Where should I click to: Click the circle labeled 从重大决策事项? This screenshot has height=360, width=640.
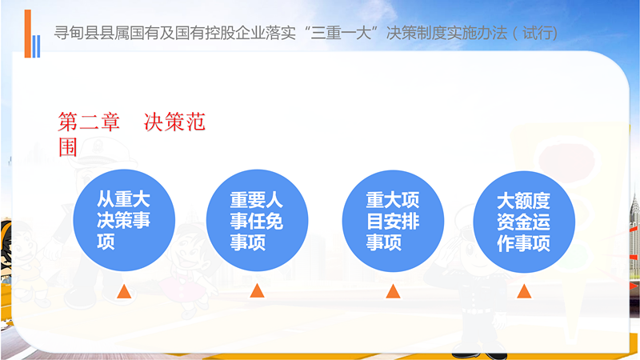tap(124, 220)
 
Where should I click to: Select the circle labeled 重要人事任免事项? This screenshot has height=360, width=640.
tap(257, 221)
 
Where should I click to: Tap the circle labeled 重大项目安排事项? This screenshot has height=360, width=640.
tap(393, 221)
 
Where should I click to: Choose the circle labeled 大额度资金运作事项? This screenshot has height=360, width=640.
tap(524, 222)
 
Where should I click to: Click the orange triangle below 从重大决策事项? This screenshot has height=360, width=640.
tap(124, 292)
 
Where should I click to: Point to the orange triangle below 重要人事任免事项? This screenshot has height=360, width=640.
tap(257, 290)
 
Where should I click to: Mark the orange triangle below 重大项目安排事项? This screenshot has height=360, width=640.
tap(393, 291)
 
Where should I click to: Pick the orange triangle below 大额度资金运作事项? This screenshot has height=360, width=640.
tap(524, 291)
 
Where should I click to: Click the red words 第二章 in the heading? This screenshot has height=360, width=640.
tap(89, 122)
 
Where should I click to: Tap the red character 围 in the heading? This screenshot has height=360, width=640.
tap(68, 147)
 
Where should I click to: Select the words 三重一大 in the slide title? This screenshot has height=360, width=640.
tap(341, 33)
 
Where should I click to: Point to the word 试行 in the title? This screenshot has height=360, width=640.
tap(537, 33)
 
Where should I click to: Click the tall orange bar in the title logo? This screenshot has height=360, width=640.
tap(28, 34)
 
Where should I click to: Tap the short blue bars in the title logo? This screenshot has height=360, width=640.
tap(36, 46)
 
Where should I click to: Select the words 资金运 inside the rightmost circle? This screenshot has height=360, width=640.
tap(524, 222)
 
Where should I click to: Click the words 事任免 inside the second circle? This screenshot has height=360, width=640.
tap(257, 222)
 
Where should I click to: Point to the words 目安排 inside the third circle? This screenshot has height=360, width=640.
tap(393, 222)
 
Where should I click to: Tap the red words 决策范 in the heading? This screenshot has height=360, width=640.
tap(174, 122)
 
